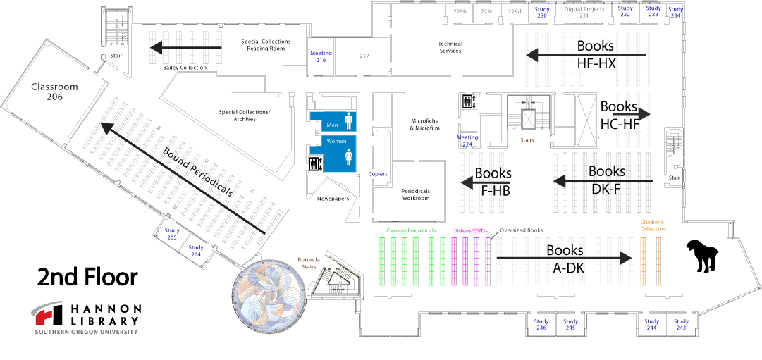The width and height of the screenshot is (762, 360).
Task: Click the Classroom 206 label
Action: click(x=54, y=92)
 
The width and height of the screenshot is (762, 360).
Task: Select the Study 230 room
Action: click(x=541, y=12)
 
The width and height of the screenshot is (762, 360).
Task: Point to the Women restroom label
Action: click(x=336, y=141)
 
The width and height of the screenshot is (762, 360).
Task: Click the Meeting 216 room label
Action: click(x=321, y=56)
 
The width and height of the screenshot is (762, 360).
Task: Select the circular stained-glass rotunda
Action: click(x=270, y=296)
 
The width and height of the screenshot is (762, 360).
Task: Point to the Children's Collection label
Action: click(x=652, y=225)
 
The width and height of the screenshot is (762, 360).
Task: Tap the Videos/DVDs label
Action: click(x=470, y=230)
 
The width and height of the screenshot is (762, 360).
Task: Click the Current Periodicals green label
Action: click(x=411, y=230)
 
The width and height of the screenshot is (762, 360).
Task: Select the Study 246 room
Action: click(x=541, y=324)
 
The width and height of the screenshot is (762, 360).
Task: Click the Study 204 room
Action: click(x=196, y=250)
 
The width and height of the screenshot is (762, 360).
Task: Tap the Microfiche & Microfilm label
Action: click(x=425, y=124)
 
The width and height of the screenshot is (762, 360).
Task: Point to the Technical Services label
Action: click(x=450, y=47)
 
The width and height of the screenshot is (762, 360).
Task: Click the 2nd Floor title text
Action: click(x=87, y=277)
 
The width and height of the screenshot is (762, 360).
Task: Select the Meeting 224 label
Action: click(x=467, y=140)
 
